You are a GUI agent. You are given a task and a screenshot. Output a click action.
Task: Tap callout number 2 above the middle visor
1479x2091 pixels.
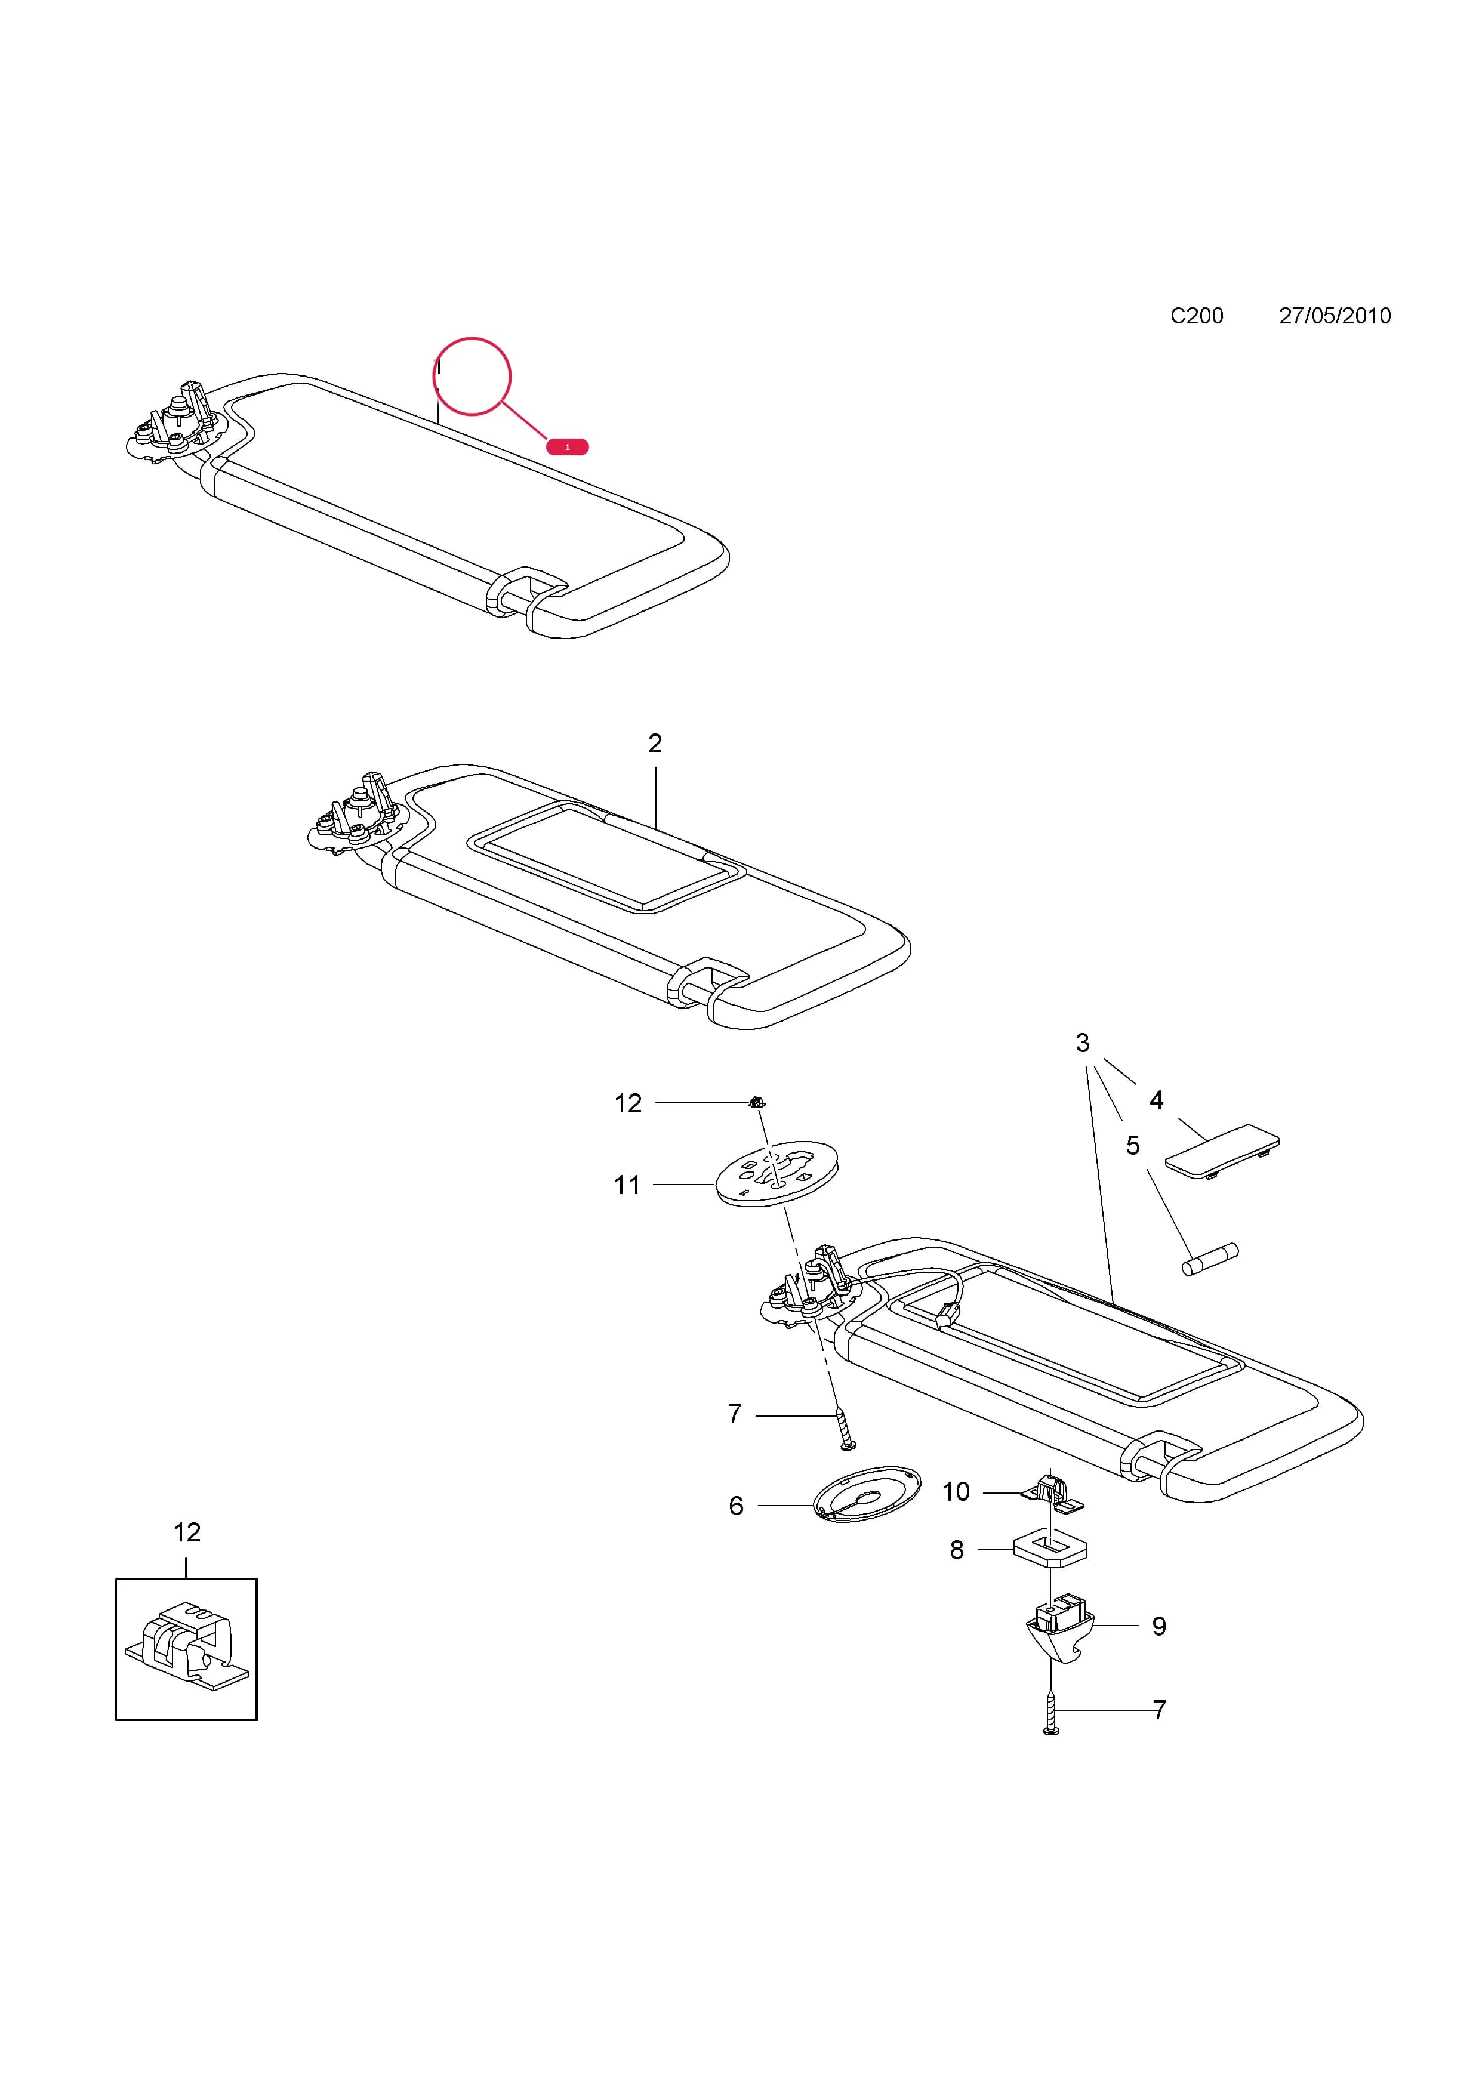[655, 744]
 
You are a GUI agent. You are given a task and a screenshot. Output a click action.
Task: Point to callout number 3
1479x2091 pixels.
[1082, 1043]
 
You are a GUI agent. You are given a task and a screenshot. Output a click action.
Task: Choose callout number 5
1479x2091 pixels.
[1132, 1146]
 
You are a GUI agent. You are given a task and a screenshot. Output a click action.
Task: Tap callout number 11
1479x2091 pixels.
[627, 1185]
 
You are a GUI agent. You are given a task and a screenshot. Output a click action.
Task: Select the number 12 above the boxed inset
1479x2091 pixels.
[187, 1532]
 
